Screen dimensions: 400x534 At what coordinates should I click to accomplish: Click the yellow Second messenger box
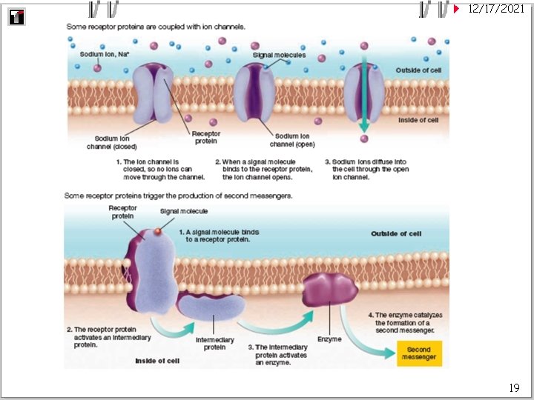tap(419, 353)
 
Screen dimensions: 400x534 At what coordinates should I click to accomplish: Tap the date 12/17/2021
tap(498, 9)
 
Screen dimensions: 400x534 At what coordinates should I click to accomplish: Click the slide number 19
tap(514, 387)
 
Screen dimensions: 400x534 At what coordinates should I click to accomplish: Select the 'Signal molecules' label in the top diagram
tap(279, 55)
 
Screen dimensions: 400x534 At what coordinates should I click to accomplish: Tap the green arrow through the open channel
tap(363, 96)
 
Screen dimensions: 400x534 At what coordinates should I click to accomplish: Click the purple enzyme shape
tap(330, 290)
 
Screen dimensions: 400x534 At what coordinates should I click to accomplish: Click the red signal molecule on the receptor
tap(157, 232)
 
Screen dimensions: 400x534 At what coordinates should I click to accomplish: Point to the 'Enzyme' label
tap(330, 339)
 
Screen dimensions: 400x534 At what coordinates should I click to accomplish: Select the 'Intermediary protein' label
tap(215, 344)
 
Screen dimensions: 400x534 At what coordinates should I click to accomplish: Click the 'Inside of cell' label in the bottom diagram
tap(156, 361)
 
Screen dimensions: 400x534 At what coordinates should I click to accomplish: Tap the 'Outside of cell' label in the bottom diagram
tap(396, 234)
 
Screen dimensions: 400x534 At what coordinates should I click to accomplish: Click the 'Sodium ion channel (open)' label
tap(292, 140)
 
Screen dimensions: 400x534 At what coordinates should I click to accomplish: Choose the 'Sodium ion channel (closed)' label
tap(116, 142)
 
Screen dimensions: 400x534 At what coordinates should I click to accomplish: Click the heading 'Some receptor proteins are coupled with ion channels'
tap(156, 27)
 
